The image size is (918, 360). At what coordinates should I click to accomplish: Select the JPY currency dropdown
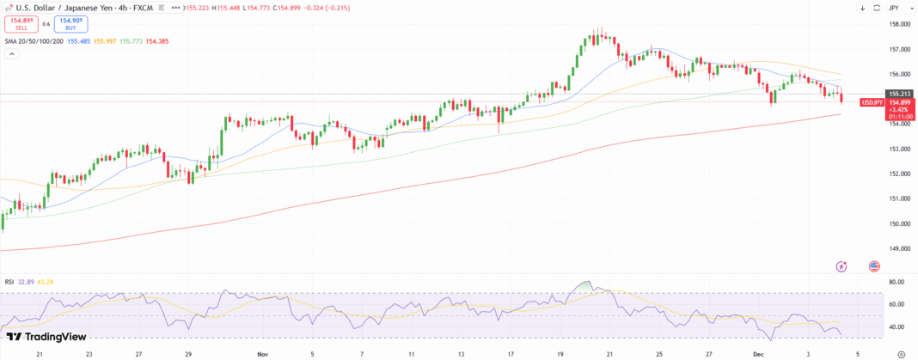tap(894, 8)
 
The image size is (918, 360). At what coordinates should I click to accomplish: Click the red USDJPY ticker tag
tap(872, 101)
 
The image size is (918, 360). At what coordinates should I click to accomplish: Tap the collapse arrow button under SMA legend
tap(12, 53)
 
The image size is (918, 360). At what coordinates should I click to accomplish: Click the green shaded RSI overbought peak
tap(586, 285)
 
